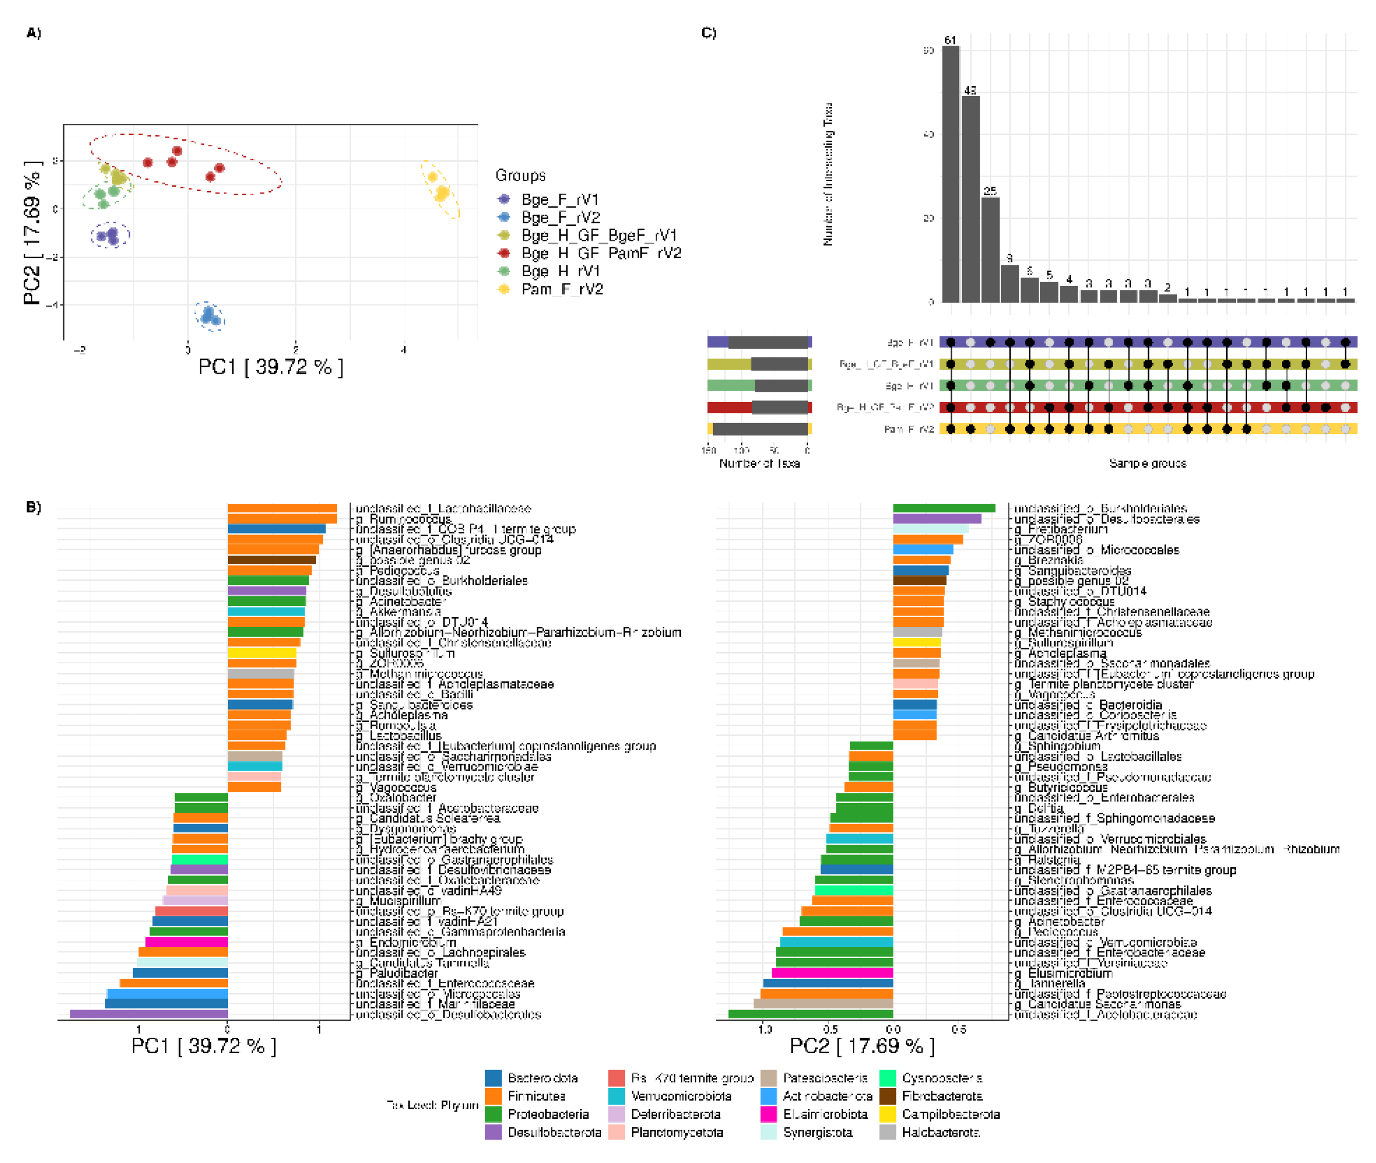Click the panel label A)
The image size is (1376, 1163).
tap(33, 33)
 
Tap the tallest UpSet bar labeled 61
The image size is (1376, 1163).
tap(950, 174)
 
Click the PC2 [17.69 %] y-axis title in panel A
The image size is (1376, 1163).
tap(32, 232)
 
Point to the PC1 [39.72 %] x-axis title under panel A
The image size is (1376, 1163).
tap(270, 367)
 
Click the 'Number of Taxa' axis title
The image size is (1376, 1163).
tap(759, 464)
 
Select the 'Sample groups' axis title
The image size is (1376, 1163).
tap(1147, 464)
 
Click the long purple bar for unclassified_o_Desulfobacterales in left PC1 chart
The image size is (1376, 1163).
tap(148, 1014)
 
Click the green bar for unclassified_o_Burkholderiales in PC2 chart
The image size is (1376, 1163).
tap(944, 508)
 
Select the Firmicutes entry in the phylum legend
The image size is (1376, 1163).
tap(536, 1096)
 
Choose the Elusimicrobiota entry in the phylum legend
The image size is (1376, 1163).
tap(824, 1114)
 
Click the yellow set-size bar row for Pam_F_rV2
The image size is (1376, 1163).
tap(759, 429)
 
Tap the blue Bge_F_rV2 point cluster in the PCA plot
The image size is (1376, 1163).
tap(209, 316)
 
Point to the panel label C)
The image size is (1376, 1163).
tap(708, 33)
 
